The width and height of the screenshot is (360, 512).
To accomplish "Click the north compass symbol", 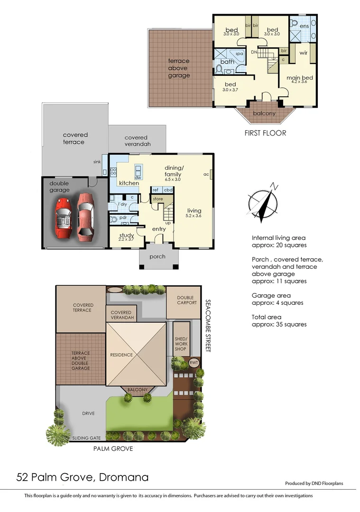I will click(x=263, y=202).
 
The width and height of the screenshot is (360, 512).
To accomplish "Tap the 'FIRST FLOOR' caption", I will click(x=265, y=133).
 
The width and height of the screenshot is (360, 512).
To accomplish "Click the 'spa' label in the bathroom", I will click(x=239, y=54).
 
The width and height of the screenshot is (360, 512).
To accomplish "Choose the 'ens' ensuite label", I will click(x=304, y=26).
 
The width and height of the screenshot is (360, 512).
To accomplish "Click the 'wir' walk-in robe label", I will click(x=303, y=53).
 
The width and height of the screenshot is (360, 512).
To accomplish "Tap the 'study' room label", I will click(x=127, y=236).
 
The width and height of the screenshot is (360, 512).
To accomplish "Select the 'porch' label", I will click(x=157, y=256).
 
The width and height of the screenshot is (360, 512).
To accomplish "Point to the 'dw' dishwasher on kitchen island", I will click(x=138, y=177).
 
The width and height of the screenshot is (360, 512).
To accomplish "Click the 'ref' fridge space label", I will click(x=155, y=190).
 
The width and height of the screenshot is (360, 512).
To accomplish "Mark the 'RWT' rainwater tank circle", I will click(x=194, y=363).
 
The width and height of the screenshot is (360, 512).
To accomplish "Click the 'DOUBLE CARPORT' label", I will click(x=186, y=300).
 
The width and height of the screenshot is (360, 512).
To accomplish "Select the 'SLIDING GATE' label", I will click(x=86, y=439).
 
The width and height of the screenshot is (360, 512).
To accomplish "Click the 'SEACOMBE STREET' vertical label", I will click(x=207, y=325).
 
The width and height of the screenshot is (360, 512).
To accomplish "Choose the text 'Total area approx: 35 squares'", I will click(x=279, y=320).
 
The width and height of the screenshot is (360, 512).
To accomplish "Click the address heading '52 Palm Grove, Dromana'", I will click(x=83, y=477).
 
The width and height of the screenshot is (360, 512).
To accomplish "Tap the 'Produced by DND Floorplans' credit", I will click(x=314, y=484).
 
